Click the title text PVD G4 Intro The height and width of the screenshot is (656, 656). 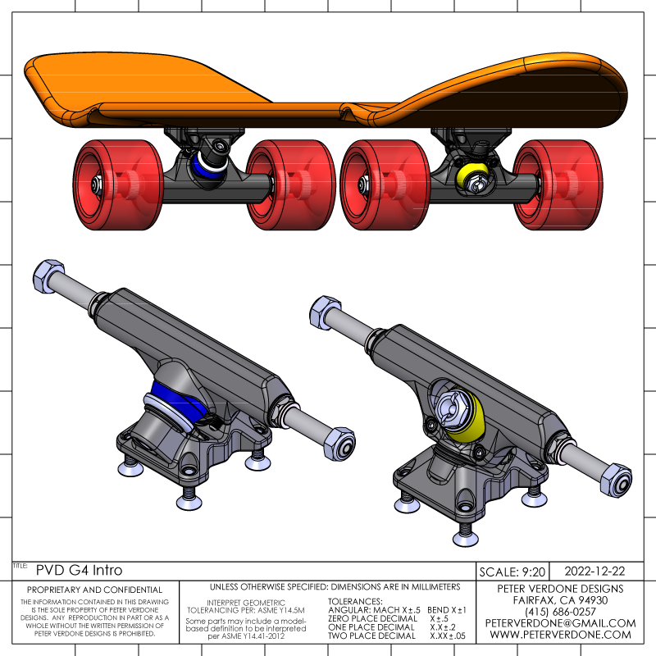coord(74,569)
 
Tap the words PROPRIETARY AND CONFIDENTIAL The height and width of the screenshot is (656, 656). coord(95,590)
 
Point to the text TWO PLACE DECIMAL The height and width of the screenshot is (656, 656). coord(371,635)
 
